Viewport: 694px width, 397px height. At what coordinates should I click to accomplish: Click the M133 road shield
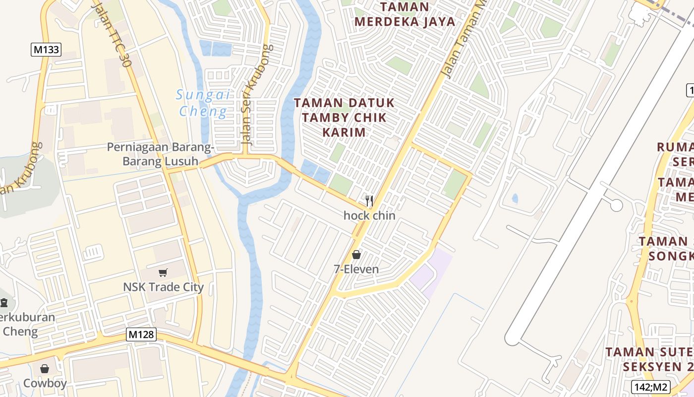(46, 50)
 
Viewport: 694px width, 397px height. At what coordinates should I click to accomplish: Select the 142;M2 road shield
(650, 387)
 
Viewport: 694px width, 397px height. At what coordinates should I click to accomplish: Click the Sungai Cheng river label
(203, 103)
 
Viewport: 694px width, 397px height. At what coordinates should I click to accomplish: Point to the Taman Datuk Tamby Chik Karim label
(345, 118)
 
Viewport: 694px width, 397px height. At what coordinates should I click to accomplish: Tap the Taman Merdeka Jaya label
(405, 14)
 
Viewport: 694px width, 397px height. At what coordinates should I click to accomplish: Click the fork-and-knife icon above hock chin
(369, 201)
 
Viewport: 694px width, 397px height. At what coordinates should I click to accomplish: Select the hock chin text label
(369, 215)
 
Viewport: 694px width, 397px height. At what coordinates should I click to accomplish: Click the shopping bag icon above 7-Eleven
(356, 255)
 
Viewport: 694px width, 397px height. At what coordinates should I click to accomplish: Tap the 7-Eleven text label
(356, 269)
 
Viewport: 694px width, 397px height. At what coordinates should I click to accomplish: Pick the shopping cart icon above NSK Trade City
(163, 272)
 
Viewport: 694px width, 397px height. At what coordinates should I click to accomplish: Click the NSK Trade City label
(163, 287)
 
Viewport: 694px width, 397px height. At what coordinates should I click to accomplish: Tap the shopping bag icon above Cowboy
(45, 369)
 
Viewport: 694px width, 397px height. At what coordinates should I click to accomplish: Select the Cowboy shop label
(45, 383)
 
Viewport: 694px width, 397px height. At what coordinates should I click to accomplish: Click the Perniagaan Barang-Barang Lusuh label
(161, 154)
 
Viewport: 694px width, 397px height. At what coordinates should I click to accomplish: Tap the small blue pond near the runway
(515, 199)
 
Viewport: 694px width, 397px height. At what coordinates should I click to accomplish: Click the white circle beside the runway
(616, 205)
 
